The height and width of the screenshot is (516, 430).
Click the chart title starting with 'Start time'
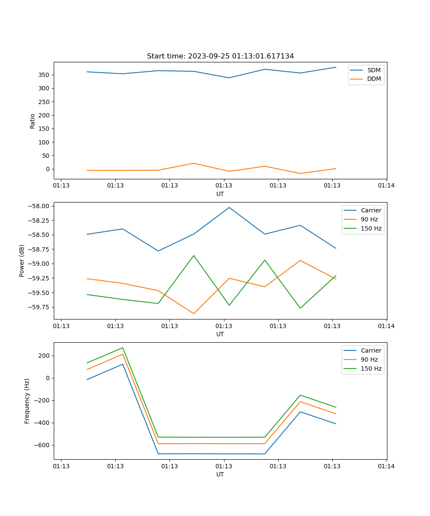220,56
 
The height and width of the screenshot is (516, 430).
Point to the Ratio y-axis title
33,121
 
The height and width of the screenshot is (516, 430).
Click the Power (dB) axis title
22,261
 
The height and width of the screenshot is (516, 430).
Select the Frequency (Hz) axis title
27,401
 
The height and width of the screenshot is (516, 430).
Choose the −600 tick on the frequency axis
41,445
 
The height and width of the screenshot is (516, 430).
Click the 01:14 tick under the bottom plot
386,466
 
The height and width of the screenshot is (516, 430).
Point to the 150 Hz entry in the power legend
371,229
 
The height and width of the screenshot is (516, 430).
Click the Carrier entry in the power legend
371,210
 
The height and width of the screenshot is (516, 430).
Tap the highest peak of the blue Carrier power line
229,207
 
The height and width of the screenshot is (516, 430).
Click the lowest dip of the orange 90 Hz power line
193,313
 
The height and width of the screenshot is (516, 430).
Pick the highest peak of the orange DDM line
193,163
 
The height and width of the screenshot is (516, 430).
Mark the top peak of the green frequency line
123,348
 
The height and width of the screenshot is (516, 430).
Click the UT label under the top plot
220,194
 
